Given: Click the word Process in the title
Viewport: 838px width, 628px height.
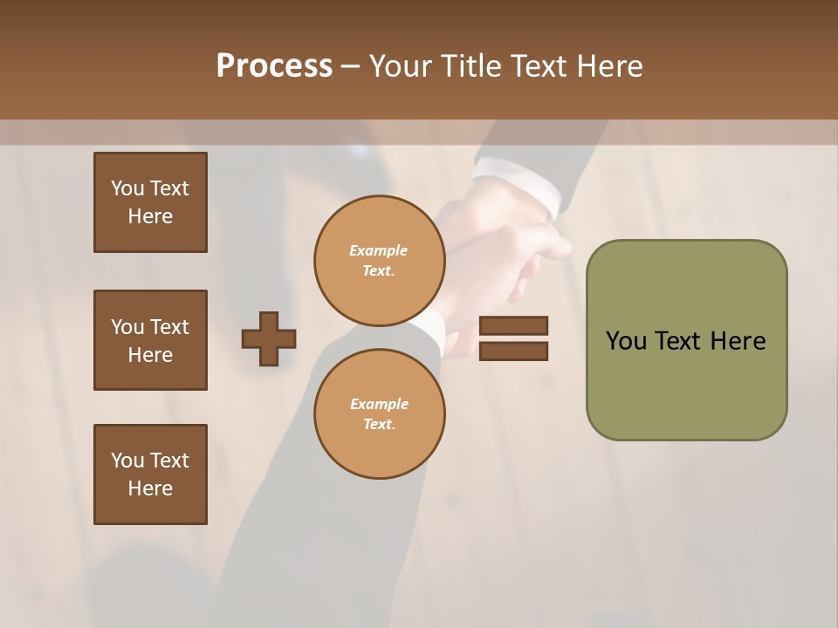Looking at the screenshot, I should (x=274, y=66).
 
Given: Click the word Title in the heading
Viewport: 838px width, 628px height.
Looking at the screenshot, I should (x=471, y=66).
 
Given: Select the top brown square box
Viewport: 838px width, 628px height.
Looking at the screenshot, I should (x=150, y=202).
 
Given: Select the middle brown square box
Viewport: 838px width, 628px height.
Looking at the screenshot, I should (x=150, y=340).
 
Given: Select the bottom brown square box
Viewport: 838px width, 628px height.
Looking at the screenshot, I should (x=150, y=474).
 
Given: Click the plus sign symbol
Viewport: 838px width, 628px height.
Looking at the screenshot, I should (x=269, y=338).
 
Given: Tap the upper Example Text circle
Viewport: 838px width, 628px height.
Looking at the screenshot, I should (x=379, y=260).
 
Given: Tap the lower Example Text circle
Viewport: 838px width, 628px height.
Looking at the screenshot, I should (x=379, y=413).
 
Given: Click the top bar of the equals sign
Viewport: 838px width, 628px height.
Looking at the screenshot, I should (x=513, y=325).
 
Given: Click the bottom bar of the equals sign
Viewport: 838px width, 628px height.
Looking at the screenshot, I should (x=513, y=351).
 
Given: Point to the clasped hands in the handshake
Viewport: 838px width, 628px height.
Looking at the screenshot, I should (x=498, y=253).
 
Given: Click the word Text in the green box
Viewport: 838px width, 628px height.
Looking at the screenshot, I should (x=677, y=341).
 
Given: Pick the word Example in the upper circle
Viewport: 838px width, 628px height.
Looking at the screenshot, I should (x=379, y=250).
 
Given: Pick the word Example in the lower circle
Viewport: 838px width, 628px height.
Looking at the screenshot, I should (x=379, y=404).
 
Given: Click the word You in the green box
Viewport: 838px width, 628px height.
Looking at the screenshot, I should (x=625, y=341).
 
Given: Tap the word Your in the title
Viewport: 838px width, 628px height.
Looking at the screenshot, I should (x=402, y=66).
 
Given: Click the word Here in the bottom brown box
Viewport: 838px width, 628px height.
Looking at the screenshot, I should (x=150, y=488).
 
